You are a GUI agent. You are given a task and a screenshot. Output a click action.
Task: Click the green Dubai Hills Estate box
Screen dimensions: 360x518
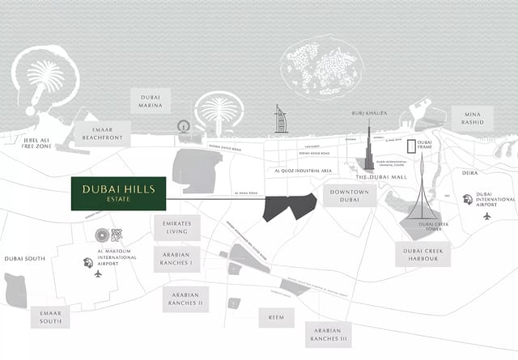pyautogui.click(x=118, y=193)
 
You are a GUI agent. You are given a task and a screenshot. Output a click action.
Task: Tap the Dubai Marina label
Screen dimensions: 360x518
pyautogui.click(x=151, y=100)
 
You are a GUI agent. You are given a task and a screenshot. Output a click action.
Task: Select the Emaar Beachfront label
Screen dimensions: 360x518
pyautogui.click(x=103, y=133)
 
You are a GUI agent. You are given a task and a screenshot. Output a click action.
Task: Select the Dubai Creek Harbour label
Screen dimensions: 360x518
pyautogui.click(x=422, y=254)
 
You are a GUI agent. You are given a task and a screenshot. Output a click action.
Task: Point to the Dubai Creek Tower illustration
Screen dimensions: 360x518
pyautogui.click(x=421, y=198)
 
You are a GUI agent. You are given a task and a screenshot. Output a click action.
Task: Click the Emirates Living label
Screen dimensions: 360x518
pyautogui.click(x=176, y=227)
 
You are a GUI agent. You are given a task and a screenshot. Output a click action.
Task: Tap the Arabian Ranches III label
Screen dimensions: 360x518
pyautogui.click(x=329, y=334)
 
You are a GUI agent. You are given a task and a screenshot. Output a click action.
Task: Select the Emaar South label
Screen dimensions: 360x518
pyautogui.click(x=50, y=317)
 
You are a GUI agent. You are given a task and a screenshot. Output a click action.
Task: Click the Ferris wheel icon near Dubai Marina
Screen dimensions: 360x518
pyautogui.click(x=183, y=127)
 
